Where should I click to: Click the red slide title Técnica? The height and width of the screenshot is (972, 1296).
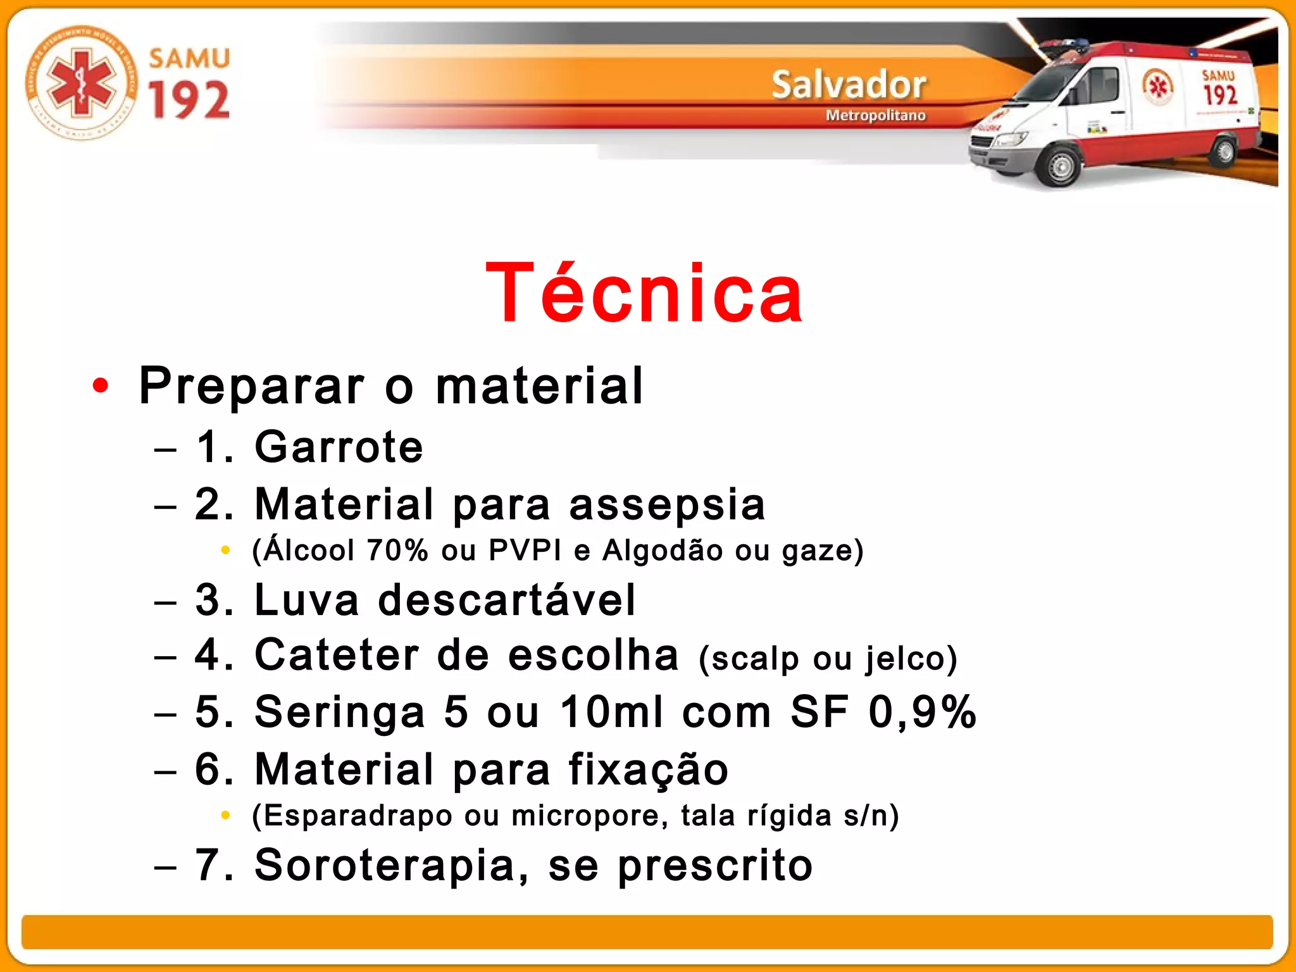pyautogui.click(x=644, y=294)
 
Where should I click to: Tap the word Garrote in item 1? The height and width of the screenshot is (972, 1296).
pyautogui.click(x=339, y=447)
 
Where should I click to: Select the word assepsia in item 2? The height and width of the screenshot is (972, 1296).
pyautogui.click(x=667, y=504)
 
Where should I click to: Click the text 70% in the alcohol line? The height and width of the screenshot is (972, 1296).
pyautogui.click(x=397, y=550)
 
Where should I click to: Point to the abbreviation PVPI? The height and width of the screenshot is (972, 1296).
pyautogui.click(x=525, y=550)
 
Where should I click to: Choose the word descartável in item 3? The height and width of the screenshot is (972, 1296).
pyautogui.click(x=506, y=600)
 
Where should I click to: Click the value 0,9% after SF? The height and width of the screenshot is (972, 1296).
pyautogui.click(x=922, y=712)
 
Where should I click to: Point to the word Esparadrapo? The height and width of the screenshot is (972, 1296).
pyautogui.click(x=358, y=816)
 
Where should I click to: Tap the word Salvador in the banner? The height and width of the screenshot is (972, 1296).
pyautogui.click(x=849, y=85)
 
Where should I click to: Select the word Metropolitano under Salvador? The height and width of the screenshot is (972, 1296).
pyautogui.click(x=875, y=115)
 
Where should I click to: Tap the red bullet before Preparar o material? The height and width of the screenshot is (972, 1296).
pyautogui.click(x=101, y=385)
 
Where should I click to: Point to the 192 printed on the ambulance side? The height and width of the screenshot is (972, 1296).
pyautogui.click(x=1220, y=95)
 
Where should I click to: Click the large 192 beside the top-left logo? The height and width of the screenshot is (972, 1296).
pyautogui.click(x=189, y=100)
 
